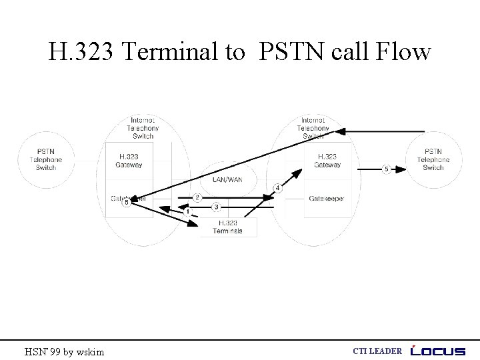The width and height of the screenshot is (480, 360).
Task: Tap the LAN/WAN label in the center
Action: (x=227, y=179)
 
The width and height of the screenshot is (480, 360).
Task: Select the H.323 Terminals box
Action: (x=227, y=227)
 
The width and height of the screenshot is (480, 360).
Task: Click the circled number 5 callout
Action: (x=386, y=169)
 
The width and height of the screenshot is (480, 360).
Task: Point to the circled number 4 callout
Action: (x=277, y=189)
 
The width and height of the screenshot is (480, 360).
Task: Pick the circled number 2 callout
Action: (x=197, y=197)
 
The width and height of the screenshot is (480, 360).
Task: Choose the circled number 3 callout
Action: (x=216, y=207)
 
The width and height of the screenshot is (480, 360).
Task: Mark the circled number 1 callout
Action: (x=187, y=212)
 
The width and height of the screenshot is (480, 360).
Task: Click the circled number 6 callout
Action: (x=126, y=202)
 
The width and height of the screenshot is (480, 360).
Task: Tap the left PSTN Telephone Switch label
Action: (x=46, y=159)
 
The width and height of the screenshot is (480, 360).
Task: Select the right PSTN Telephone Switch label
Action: (x=433, y=159)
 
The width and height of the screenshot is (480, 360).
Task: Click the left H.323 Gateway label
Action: (x=129, y=161)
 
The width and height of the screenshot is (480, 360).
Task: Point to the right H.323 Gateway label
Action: (x=327, y=161)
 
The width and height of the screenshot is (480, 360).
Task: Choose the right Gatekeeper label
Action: (x=327, y=199)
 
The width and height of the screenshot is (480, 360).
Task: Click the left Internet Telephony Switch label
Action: (x=143, y=128)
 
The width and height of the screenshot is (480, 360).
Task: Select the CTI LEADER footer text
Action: (x=377, y=351)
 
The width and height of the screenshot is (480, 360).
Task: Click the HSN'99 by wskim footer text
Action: (x=64, y=351)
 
